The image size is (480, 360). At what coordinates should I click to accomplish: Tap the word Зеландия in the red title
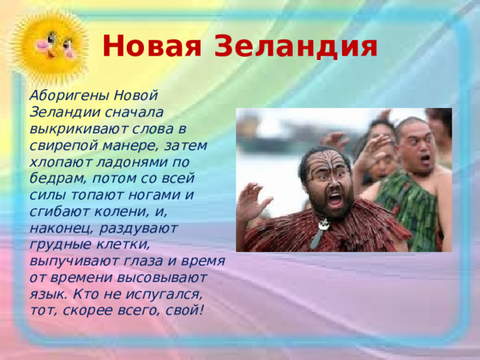pos(295,46)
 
